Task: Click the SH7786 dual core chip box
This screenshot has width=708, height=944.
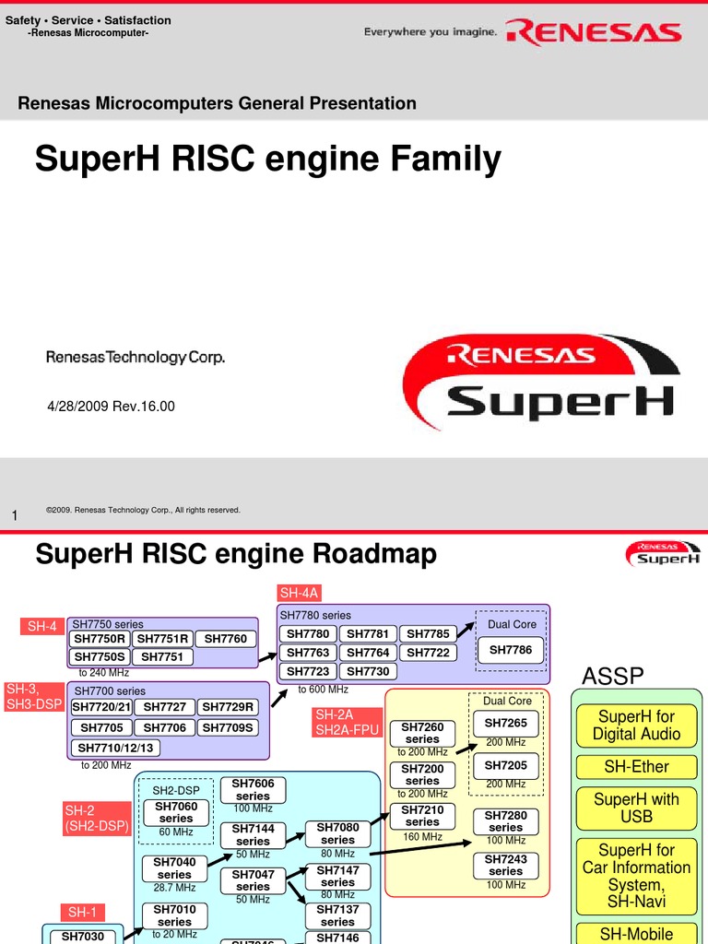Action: click(510, 650)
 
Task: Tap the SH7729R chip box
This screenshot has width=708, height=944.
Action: click(227, 707)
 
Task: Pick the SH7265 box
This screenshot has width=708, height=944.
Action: click(505, 723)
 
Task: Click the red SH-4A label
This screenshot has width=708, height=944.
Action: click(299, 592)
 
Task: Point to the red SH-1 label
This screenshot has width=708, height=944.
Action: click(82, 913)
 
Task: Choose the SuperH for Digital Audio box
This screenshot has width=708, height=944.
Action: click(636, 726)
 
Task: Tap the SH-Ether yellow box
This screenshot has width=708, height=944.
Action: click(636, 766)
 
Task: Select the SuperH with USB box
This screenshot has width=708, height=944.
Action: click(636, 808)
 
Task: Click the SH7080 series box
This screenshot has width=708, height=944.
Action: click(337, 834)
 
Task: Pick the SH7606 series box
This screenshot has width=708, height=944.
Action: click(253, 790)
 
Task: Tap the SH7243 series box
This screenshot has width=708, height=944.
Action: click(505, 865)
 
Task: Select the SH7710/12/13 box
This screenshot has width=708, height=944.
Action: click(116, 748)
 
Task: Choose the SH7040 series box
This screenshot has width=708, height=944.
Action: click(174, 868)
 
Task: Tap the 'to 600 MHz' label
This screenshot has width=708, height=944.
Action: click(323, 689)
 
